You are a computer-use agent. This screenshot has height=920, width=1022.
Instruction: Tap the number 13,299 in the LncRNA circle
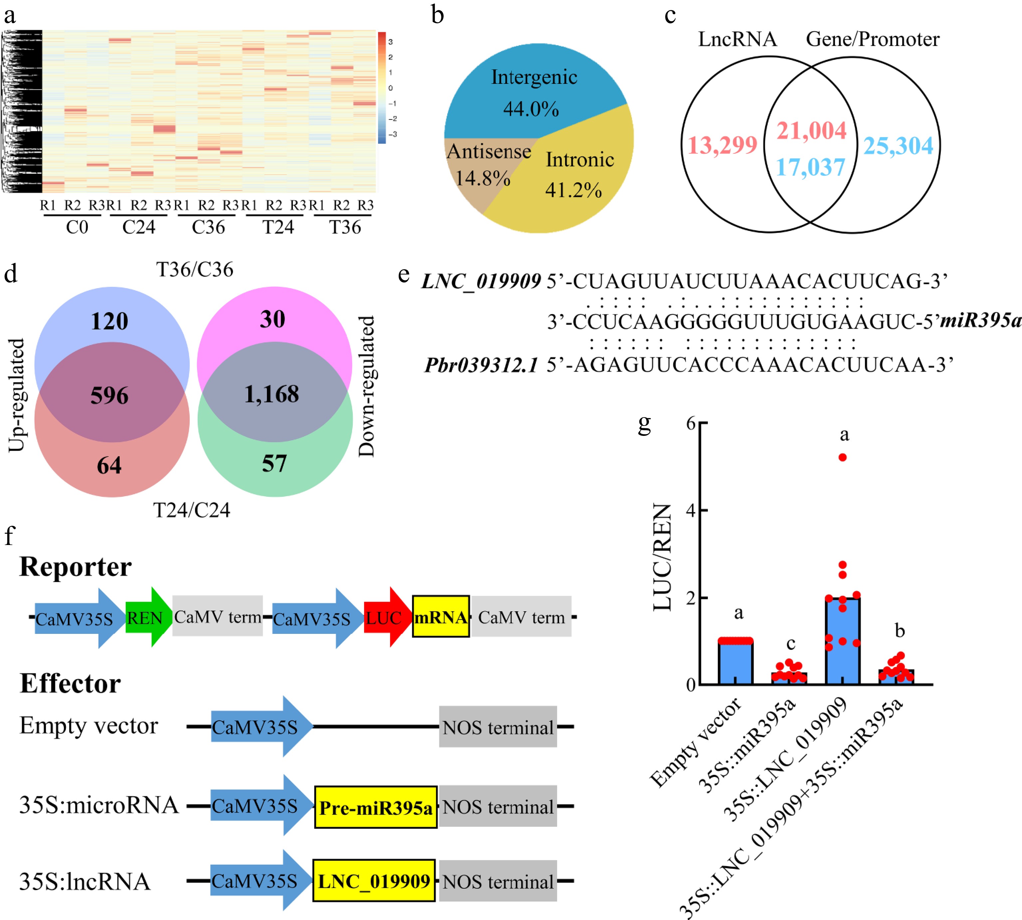pos(722,146)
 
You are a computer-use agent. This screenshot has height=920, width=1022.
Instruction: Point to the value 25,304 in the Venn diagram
pos(898,146)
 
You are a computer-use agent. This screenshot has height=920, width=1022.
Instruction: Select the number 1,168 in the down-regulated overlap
pos(272,394)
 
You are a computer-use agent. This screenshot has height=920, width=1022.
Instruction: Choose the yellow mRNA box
pos(441,617)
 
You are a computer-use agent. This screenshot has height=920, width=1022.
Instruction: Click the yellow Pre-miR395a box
pos(376,807)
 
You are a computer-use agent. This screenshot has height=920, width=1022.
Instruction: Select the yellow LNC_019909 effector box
pos(374,881)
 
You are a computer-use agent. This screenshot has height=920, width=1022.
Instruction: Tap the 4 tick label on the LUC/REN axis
pos(691,510)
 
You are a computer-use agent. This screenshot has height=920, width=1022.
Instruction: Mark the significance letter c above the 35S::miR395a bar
pos(791,644)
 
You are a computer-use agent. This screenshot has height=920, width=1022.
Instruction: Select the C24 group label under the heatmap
pos(138,227)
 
